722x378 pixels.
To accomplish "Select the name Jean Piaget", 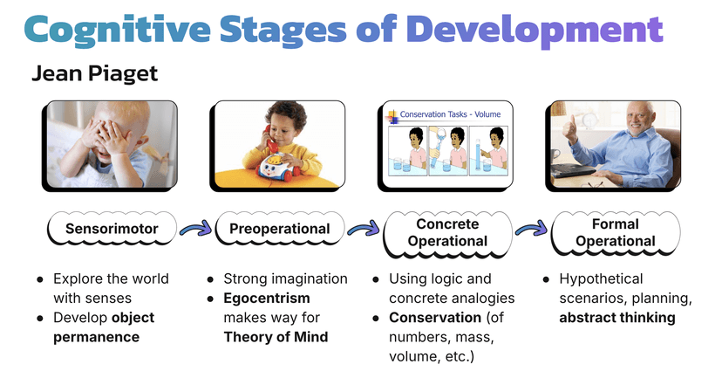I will point(94,74).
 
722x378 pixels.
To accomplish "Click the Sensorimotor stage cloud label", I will point(112,230).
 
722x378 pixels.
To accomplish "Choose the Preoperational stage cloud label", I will point(279,230).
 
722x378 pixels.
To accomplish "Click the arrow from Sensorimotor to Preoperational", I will point(195,230).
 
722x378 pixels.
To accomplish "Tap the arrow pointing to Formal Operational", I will point(530,230).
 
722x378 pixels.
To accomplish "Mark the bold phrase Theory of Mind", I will point(275,337).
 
